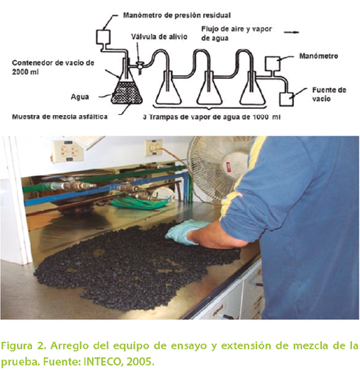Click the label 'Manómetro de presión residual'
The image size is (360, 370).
click(x=177, y=16)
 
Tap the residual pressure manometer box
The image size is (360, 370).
click(x=103, y=37)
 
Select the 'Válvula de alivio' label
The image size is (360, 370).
click(x=159, y=37)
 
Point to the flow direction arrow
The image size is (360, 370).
click(x=291, y=33)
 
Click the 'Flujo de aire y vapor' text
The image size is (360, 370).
click(x=236, y=29)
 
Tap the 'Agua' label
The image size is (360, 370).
click(x=80, y=97)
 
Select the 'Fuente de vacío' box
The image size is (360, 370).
click(x=286, y=99)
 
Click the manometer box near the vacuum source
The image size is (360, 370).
click(x=273, y=63)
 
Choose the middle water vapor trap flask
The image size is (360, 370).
click(x=210, y=87)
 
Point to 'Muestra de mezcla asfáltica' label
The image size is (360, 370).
click(x=60, y=116)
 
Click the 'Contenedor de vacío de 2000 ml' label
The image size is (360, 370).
click(x=53, y=67)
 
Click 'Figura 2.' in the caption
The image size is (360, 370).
click(x=23, y=347)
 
